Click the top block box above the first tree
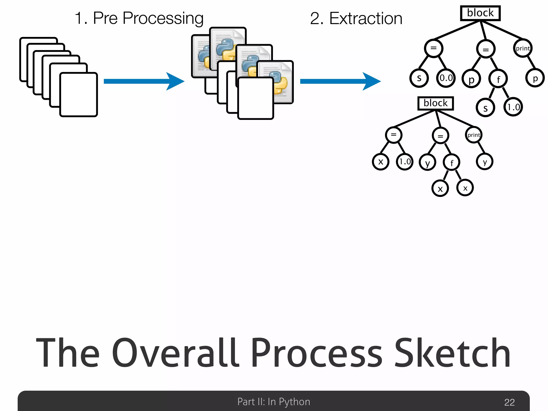(480, 13)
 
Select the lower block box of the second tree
(436, 103)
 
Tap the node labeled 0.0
(446, 78)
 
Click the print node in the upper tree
(523, 48)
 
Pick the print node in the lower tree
(474, 135)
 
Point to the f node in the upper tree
(498, 79)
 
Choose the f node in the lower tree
(452, 162)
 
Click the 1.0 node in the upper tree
(513, 107)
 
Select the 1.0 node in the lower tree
(405, 162)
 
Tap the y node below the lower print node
(485, 162)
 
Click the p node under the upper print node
(535, 78)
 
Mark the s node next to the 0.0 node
(419, 78)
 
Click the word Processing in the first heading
(163, 18)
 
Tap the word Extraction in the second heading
(366, 18)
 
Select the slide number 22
(509, 402)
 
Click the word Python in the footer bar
(294, 402)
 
